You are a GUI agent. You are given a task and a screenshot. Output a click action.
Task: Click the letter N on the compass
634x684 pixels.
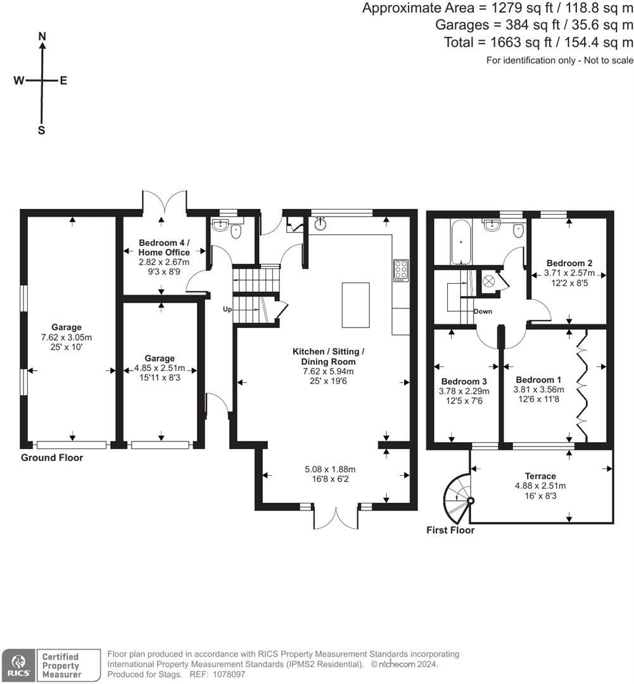42,36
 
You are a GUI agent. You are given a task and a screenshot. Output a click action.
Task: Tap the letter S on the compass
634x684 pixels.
41,130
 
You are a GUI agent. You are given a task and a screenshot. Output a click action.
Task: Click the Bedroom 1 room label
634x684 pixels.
538,380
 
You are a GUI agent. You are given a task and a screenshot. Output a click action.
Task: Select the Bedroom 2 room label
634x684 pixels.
569,263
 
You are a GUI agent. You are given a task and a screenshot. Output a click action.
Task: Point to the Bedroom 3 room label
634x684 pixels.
464,381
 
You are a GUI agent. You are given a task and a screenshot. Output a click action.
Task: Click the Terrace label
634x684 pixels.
540,476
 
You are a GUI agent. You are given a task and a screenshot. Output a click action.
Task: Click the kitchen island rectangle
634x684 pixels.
355,305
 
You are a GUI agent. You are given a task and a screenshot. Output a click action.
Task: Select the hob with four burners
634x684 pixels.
401,270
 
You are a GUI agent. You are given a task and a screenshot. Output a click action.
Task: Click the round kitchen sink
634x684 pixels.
320,224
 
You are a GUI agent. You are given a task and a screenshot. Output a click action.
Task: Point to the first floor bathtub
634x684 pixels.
461,241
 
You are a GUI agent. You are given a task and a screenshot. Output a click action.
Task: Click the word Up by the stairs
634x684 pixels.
227,309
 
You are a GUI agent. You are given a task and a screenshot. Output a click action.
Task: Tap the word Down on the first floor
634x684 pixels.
483,312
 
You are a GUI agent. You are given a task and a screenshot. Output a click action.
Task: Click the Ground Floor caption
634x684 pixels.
52,458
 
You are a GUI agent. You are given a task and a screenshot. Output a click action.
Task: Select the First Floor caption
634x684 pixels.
450,530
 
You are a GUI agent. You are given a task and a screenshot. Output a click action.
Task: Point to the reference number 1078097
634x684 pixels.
229,674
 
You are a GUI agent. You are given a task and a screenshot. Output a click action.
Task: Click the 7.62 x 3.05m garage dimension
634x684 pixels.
67,337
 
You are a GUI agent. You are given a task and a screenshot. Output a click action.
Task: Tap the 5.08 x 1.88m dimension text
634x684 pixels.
330,469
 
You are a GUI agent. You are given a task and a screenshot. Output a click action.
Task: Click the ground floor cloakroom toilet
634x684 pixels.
236,231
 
